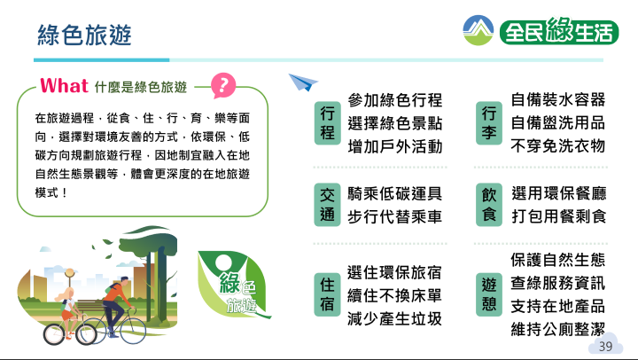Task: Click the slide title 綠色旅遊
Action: click(84, 35)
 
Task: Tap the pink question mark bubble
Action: click(223, 85)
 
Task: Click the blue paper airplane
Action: click(302, 82)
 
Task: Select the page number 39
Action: click(605, 347)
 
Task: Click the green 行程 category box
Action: click(328, 123)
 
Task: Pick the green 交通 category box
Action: click(328, 205)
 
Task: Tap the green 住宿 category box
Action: click(327, 294)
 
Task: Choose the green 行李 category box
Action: click(489, 123)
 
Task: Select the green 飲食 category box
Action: click(489, 205)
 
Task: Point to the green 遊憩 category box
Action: click(489, 294)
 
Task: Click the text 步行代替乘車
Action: click(394, 216)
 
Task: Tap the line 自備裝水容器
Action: click(558, 99)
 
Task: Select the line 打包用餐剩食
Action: click(558, 216)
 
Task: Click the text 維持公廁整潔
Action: click(558, 329)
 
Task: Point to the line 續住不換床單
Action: click(394, 295)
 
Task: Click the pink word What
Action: click(64, 86)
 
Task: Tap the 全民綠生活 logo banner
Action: click(559, 31)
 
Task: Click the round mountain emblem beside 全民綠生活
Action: click(478, 30)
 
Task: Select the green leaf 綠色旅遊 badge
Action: click(234, 285)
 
